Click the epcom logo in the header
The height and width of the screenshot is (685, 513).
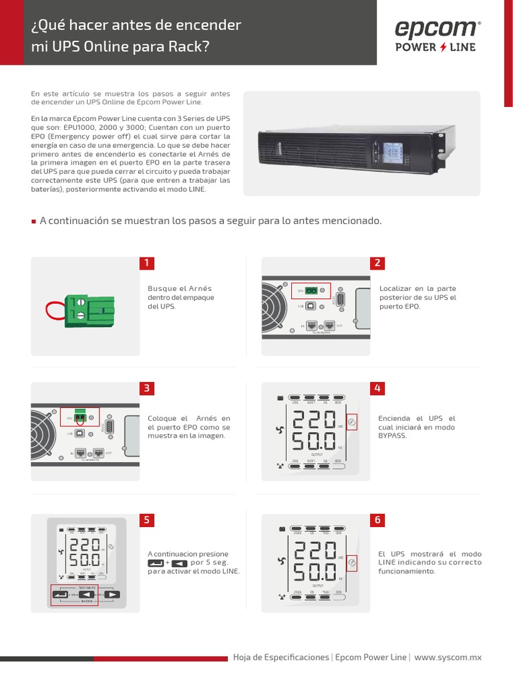pyautogui.click(x=436, y=29)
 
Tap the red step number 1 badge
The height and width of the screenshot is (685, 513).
pyautogui.click(x=147, y=263)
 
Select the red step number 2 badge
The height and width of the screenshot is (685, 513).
pyautogui.click(x=377, y=263)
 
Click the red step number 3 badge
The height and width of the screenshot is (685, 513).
pyautogui.click(x=147, y=389)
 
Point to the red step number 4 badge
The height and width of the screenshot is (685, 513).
pyautogui.click(x=377, y=389)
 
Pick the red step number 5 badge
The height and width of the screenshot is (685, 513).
pyautogui.click(x=147, y=520)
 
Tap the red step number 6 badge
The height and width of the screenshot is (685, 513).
pyautogui.click(x=377, y=520)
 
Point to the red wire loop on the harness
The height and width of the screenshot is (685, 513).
pyautogui.click(x=53, y=310)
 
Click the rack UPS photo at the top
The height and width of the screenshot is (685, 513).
pyautogui.click(x=361, y=144)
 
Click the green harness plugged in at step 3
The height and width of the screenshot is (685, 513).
pyautogui.click(x=79, y=416)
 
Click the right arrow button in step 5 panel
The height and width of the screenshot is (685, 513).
pyautogui.click(x=112, y=594)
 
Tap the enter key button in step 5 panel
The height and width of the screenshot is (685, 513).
pyautogui.click(x=59, y=594)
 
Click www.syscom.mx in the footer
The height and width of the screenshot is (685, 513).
pyautogui.click(x=448, y=658)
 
